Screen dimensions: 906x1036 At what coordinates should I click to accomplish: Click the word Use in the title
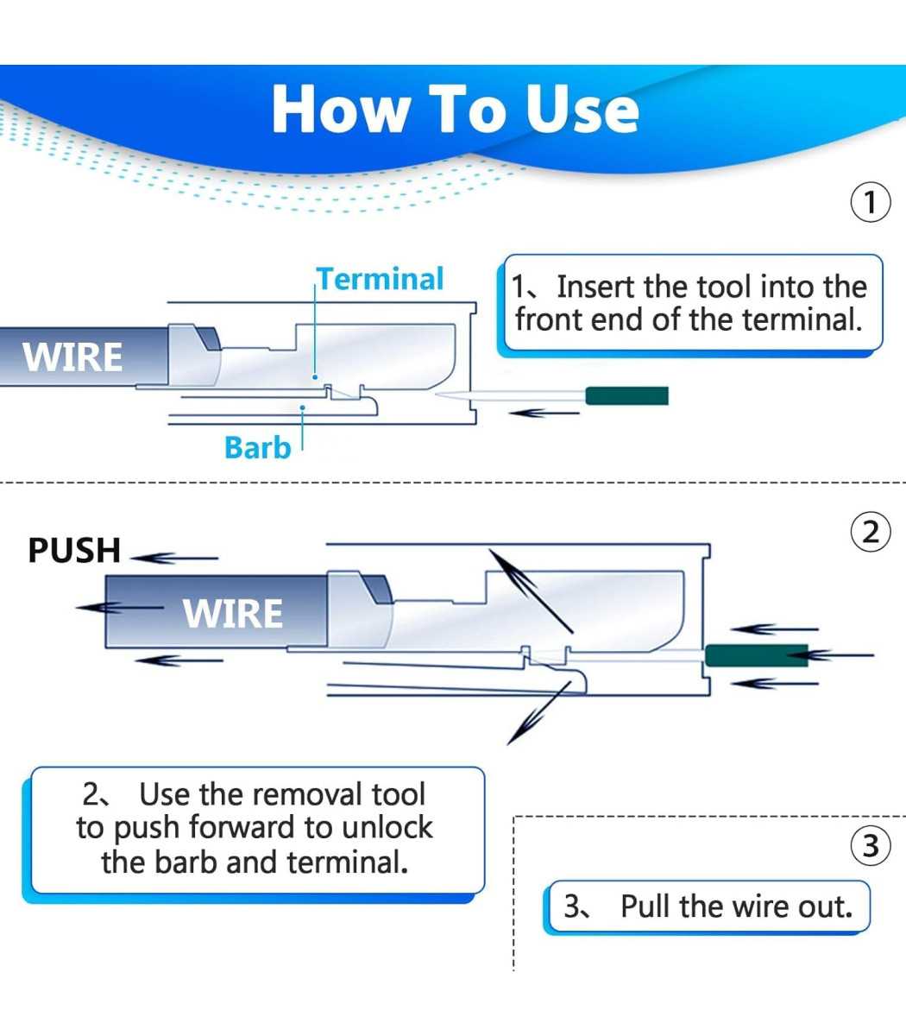582,110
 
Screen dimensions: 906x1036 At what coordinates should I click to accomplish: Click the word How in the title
341,110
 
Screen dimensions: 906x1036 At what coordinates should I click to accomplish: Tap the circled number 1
870,203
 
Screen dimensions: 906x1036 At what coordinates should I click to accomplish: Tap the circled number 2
870,532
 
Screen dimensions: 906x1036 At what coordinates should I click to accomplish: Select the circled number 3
870,845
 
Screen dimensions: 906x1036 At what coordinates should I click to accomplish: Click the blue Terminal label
381,279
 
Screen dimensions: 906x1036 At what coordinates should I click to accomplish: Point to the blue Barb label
258,447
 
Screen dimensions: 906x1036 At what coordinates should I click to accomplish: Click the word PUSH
74,551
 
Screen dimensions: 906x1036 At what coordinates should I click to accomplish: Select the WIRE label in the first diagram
72,357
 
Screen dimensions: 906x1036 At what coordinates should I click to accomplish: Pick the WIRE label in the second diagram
233,614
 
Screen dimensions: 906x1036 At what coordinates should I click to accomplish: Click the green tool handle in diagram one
627,396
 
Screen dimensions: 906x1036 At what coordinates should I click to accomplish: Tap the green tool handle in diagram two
757,655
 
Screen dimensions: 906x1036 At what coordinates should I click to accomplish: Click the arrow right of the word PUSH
174,558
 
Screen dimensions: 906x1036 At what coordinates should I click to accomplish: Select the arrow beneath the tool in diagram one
544,414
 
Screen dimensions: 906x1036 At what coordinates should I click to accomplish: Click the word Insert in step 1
595,287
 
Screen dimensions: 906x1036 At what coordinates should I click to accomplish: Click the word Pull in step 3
645,906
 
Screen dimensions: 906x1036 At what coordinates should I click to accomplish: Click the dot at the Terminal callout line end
315,377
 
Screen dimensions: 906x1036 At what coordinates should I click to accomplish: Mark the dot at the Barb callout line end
302,407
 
